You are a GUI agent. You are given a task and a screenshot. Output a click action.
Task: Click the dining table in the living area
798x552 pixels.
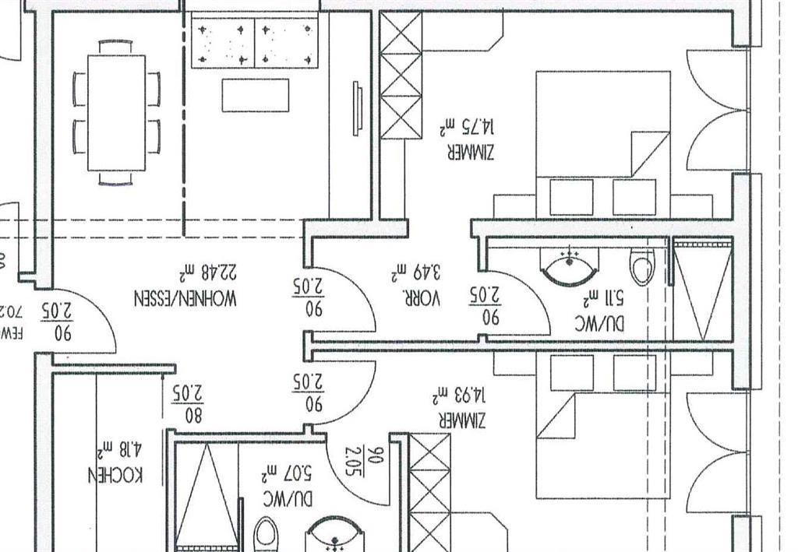pos(117,113)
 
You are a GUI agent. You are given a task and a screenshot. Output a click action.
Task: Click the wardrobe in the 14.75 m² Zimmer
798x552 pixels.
pos(401,76)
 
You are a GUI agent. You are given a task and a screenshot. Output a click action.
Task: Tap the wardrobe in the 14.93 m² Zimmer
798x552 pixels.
pos(429,490)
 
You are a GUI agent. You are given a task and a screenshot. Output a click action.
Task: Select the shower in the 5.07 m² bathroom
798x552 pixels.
pos(204,494)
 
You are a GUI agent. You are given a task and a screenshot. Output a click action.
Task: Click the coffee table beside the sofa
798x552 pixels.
pos(256,95)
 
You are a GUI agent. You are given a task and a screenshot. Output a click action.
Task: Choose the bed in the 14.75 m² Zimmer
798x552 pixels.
pos(603,144)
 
